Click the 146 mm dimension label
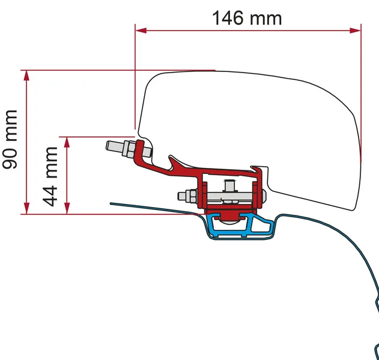click(247, 17)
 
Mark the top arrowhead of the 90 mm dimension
click(25, 74)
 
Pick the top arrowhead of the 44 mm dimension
click(67, 140)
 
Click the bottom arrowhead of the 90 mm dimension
click(25, 210)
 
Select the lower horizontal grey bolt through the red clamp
click(222, 196)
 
